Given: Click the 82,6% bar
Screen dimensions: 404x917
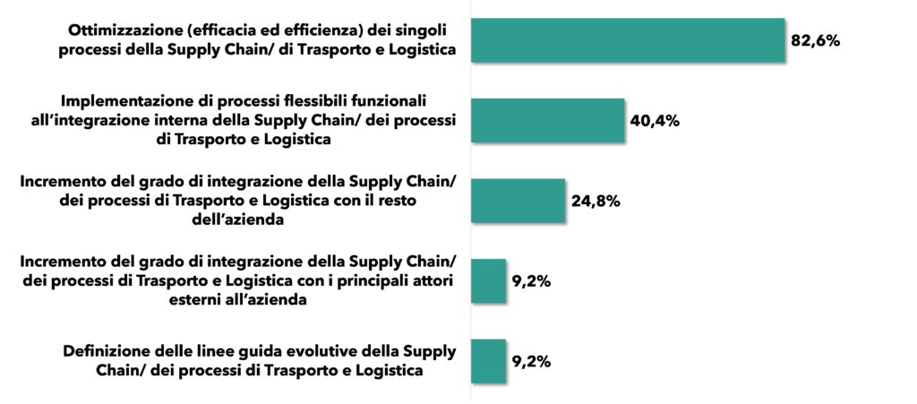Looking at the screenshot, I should [627, 40].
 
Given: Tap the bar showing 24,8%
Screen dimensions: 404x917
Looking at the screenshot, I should [518, 201].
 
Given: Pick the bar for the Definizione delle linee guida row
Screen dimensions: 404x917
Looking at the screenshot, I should [488, 361].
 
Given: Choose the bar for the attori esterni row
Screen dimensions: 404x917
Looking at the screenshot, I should [488, 281].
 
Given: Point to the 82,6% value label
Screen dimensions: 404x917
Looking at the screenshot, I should [815, 41].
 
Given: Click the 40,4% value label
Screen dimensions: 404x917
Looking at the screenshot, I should [655, 121].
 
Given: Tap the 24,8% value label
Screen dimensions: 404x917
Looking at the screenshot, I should [596, 201].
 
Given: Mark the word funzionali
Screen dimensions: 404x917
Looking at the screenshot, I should [390, 100].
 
